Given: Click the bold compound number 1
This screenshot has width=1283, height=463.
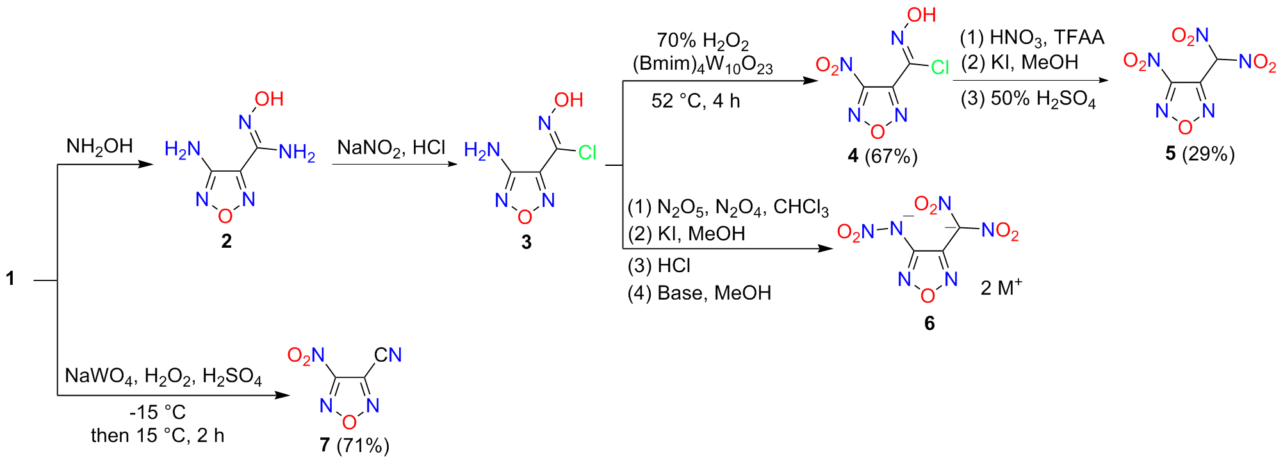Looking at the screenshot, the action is tap(10, 279).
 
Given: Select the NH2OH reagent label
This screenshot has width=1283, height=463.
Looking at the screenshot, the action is tap(99, 147).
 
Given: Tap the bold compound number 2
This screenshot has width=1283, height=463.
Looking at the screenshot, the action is tap(226, 241).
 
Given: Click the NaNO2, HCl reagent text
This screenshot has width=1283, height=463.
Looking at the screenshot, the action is tap(391, 148).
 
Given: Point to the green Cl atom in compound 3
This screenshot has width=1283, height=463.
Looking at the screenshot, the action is tap(587, 152).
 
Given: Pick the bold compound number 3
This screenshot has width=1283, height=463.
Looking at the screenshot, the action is tap(526, 242).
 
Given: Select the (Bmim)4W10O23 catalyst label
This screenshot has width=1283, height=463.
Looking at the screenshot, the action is tap(703, 65).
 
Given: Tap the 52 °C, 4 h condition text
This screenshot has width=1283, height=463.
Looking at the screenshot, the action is tap(696, 101).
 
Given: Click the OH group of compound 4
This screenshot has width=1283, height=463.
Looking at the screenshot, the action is tap(921, 15).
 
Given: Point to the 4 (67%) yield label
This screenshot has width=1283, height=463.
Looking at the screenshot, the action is tap(883, 156).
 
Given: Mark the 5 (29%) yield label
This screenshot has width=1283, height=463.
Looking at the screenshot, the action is tap(1200, 154).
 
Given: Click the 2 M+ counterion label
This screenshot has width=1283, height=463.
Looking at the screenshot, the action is tap(1001, 288).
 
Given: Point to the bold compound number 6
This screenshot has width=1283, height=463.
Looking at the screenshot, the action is tap(929, 323).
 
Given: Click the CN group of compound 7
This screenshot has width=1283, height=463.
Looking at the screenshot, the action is tap(388, 355).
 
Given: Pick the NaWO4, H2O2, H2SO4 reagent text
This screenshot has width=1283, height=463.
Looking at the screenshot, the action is tap(163, 376).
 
